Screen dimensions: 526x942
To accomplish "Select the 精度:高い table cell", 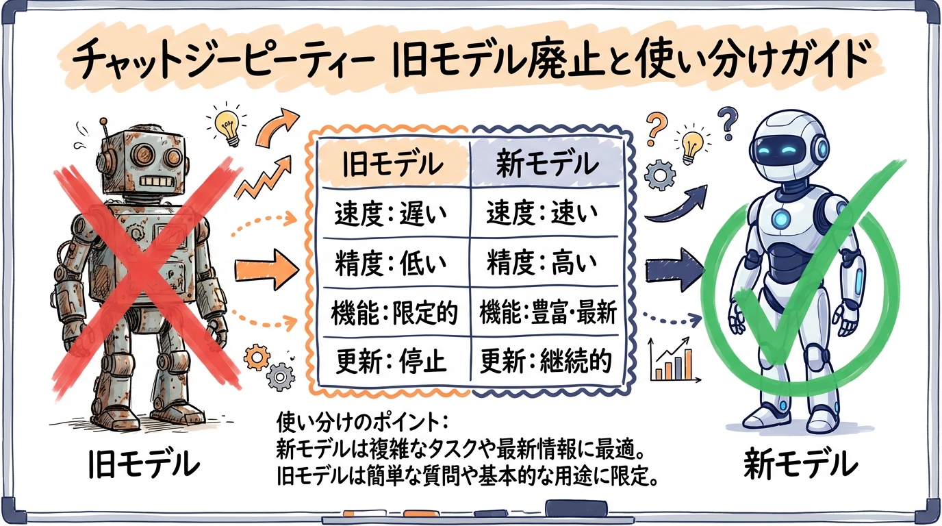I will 542,262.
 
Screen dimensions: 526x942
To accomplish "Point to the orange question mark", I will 656,126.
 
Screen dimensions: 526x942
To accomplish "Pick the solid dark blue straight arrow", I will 673,264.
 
